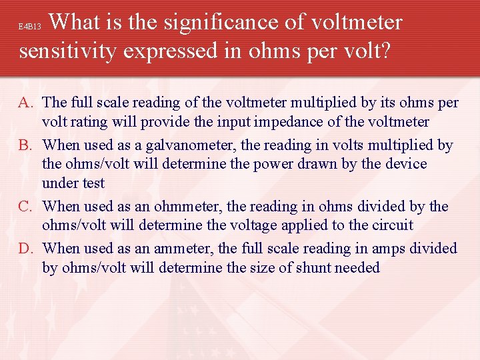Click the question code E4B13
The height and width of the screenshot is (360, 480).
tap(30, 27)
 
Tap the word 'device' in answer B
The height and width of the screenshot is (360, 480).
tap(405, 164)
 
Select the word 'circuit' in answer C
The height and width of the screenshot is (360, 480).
tap(391, 225)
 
